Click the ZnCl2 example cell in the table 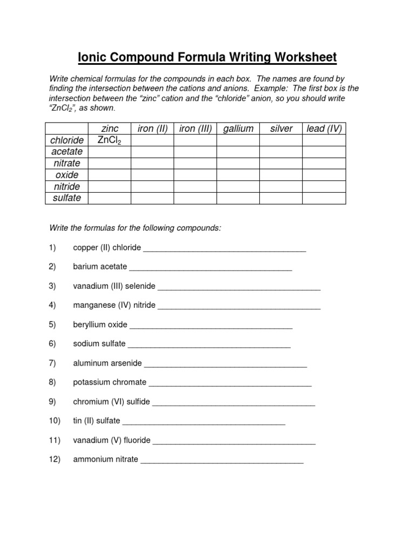(x=109, y=140)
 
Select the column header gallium (x=238, y=129)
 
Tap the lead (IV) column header (x=324, y=129)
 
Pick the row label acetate (x=67, y=152)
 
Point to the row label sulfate (x=67, y=198)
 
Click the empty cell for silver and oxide (x=281, y=175)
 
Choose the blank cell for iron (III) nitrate (x=195, y=163)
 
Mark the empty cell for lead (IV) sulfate (x=324, y=198)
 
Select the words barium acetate (x=100, y=266)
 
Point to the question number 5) (x=52, y=325)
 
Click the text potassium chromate (x=110, y=382)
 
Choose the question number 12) (x=55, y=460)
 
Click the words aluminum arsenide (x=108, y=363)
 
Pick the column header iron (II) (x=153, y=129)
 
